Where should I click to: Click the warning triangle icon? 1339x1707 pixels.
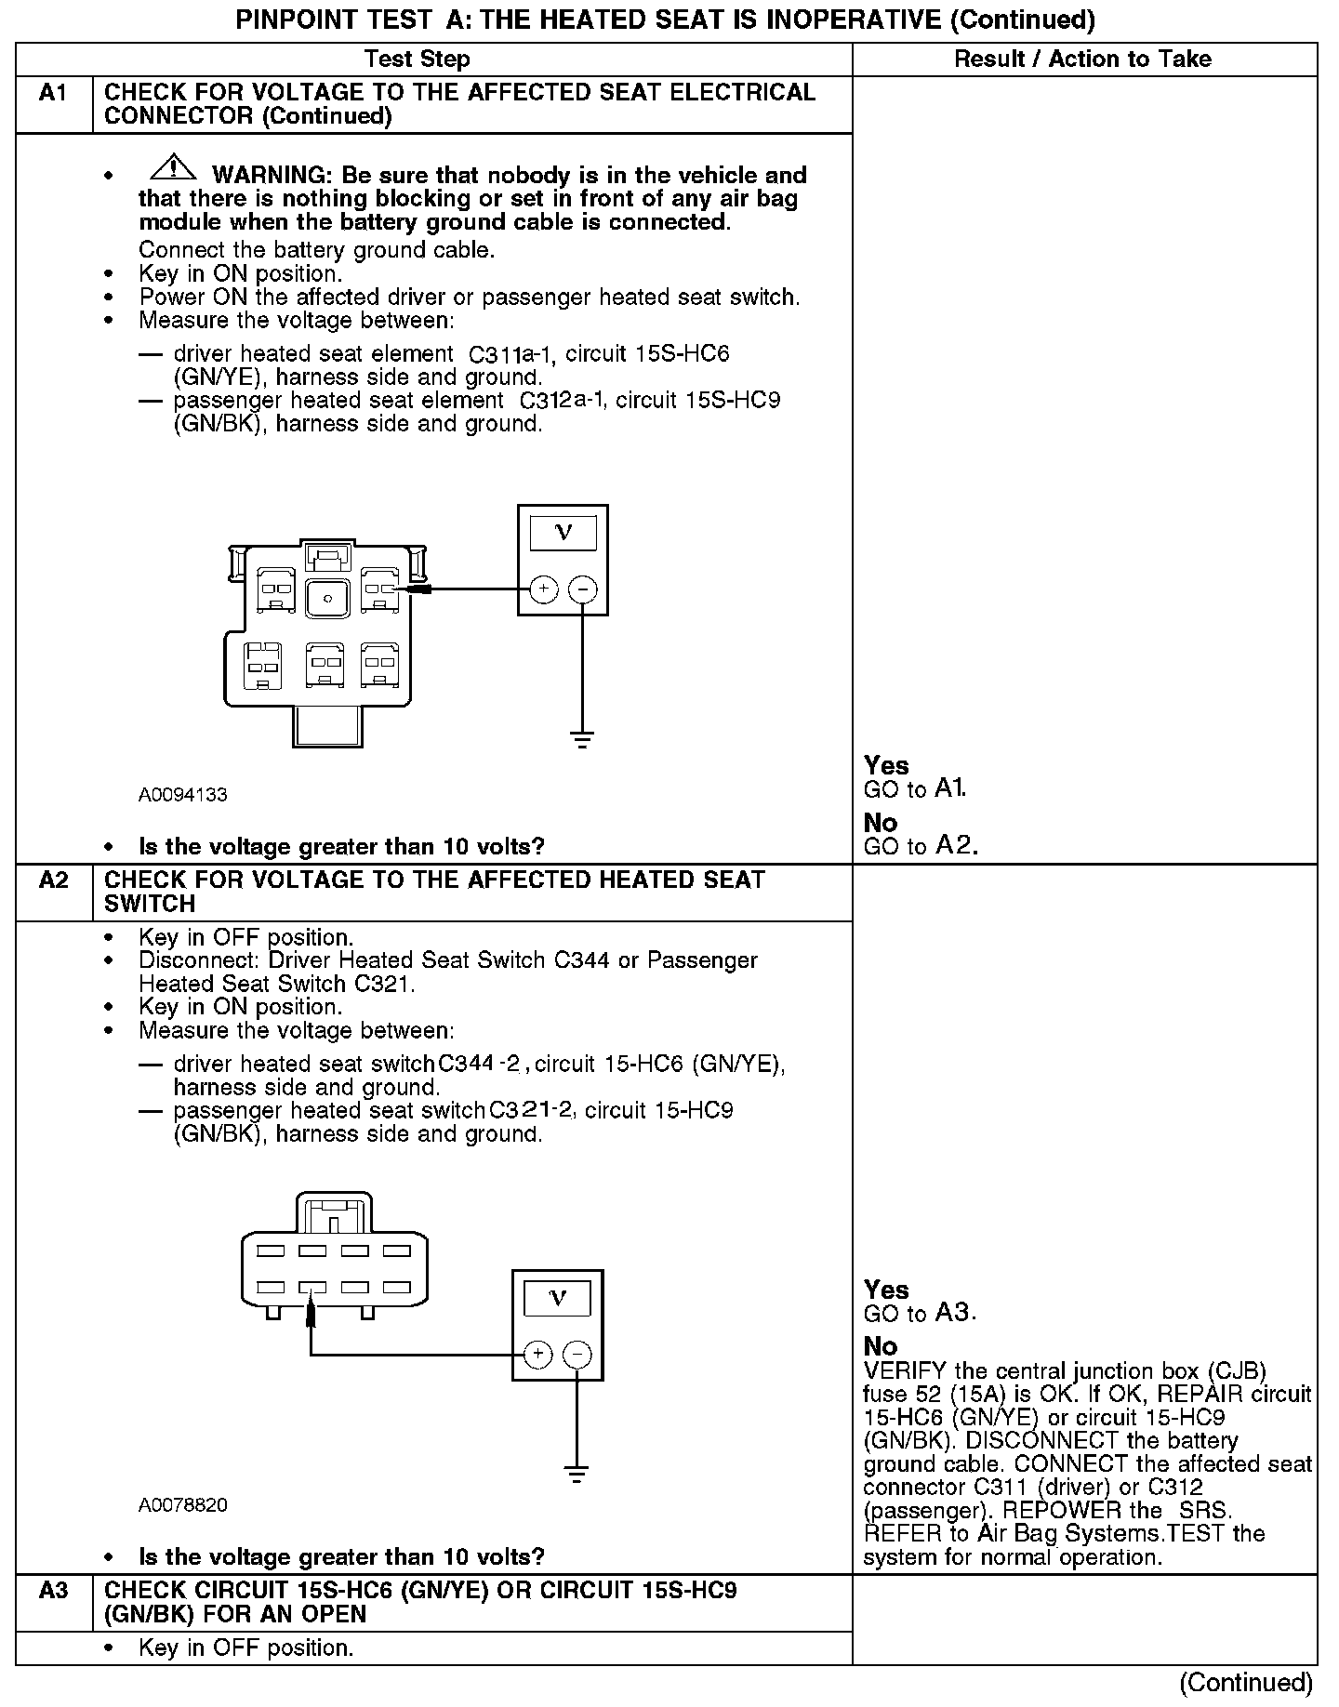tap(173, 168)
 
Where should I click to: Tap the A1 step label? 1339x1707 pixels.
tap(53, 93)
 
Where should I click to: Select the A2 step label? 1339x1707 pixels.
tap(53, 880)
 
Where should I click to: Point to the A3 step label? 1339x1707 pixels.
tap(53, 1591)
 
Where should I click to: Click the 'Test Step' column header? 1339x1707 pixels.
tap(418, 60)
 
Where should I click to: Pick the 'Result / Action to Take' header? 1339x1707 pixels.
tap(1082, 60)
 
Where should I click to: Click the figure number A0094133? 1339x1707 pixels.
tap(183, 795)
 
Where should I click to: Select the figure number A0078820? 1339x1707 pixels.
tap(183, 1505)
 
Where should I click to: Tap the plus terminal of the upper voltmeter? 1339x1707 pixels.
tap(543, 589)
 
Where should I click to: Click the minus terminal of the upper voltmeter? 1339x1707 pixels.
tap(583, 589)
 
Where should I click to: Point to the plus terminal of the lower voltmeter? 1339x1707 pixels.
tap(537, 1355)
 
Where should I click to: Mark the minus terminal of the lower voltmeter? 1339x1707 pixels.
tap(577, 1355)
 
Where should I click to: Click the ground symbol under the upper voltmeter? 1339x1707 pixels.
tap(583, 741)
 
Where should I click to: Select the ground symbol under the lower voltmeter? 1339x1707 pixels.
tap(577, 1475)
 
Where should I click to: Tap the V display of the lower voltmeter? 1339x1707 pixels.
tap(558, 1298)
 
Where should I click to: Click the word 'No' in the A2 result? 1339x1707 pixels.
tap(880, 1346)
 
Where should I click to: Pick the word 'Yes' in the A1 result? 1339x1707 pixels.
tap(885, 765)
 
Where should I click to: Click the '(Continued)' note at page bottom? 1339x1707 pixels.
tap(1246, 1683)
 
